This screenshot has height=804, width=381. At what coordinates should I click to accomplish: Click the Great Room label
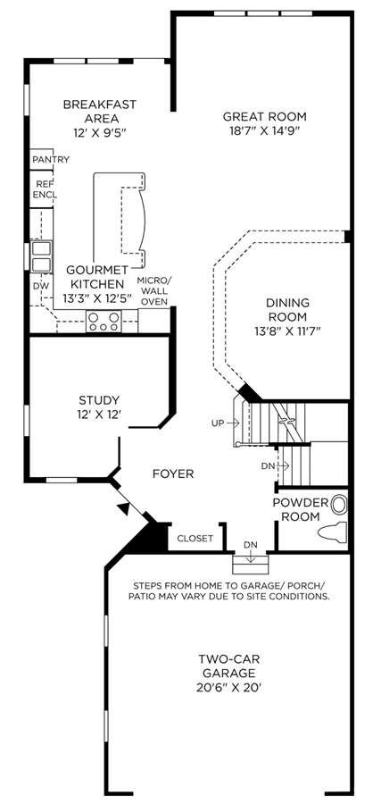pos(264,116)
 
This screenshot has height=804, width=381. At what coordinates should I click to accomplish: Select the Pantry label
pos(51,160)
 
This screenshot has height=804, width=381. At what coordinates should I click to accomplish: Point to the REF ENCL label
pos(46,189)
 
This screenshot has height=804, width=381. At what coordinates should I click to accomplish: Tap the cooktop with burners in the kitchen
pos(104,322)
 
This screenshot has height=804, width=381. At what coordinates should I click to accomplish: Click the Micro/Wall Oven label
pos(154,290)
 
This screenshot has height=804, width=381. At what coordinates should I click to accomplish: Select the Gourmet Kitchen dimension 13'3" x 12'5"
pos(96,298)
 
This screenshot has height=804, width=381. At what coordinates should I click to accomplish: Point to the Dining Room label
pos(286,309)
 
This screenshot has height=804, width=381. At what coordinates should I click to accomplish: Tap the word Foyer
pos(173,473)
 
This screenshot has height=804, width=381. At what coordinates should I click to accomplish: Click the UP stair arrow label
pos(225,423)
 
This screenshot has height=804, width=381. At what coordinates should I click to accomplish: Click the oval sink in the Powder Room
pos(338,505)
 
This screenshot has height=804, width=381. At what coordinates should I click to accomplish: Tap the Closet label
pos(195,539)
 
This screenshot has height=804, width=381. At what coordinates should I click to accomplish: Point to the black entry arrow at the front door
pos(123,507)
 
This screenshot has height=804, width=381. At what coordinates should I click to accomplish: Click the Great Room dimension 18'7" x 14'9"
pos(264,130)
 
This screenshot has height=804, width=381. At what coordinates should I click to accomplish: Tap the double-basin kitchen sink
pos(41,257)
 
